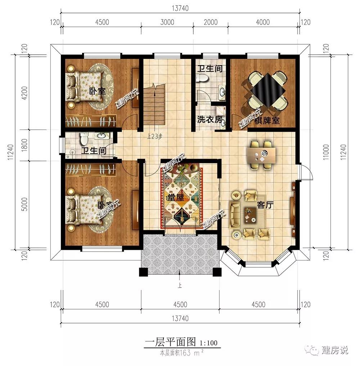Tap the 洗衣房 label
[x=210, y=120]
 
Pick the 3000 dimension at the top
[x=167, y=22]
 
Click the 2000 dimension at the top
[x=211, y=22]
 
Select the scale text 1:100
[x=208, y=343]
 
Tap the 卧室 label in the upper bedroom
[x=97, y=91]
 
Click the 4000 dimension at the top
[x=263, y=22]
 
